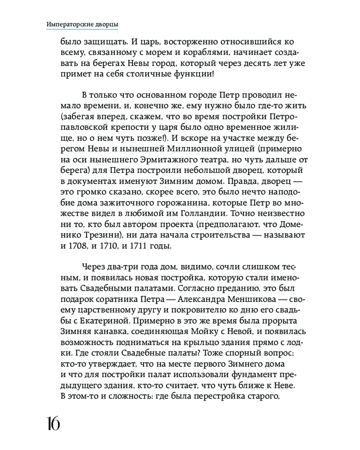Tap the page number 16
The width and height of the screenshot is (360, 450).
point(53,423)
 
